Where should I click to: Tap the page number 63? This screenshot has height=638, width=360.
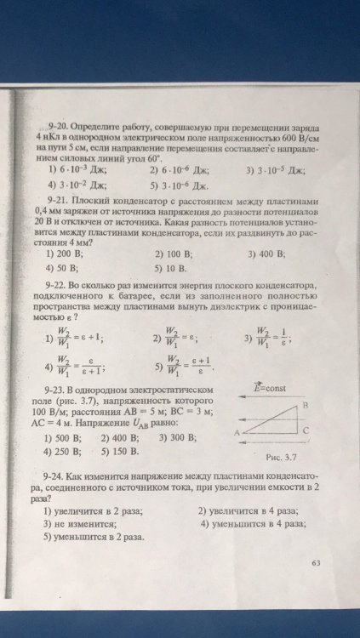[x=317, y=563]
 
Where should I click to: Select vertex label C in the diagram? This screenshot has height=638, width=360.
[x=306, y=430]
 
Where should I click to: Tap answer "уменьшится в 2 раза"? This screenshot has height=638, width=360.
[x=97, y=538]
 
